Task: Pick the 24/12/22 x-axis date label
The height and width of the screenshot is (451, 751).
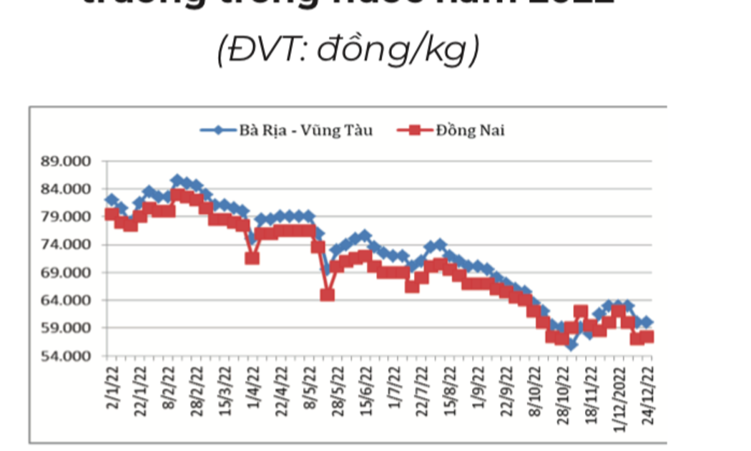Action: click(x=648, y=387)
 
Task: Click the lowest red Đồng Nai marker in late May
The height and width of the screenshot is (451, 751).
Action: click(x=327, y=294)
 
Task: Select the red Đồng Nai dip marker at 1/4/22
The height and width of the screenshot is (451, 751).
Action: click(x=252, y=257)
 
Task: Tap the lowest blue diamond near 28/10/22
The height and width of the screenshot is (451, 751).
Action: click(x=571, y=344)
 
